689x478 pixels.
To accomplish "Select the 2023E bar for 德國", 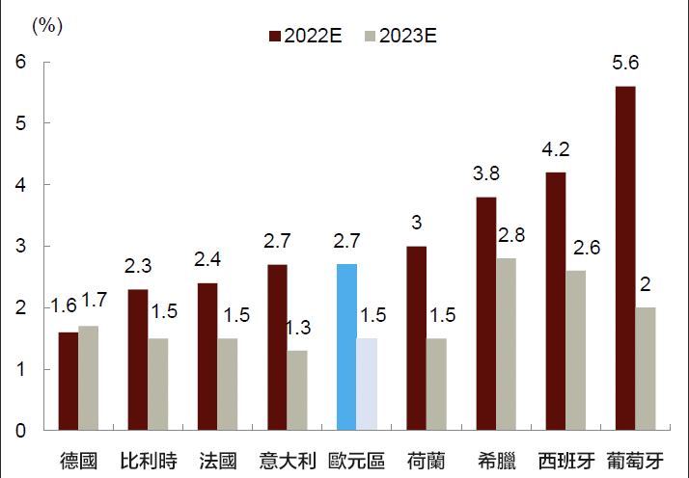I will pos(89,378).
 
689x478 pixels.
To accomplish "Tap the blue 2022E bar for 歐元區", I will pos(346,347).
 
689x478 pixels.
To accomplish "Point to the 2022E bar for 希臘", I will pos(485,313).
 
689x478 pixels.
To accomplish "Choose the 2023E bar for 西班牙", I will pos(575,350).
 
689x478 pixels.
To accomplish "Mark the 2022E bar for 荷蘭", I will pos(416,338).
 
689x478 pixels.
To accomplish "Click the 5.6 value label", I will pos(625,66).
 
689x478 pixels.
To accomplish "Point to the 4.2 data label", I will pos(554,150).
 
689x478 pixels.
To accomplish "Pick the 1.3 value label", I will pos(299,329).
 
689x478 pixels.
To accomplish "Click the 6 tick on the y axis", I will pos(20,63).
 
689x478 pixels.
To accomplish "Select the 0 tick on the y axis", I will pos(20,431).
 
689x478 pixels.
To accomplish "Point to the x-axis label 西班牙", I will pos(565,460).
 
